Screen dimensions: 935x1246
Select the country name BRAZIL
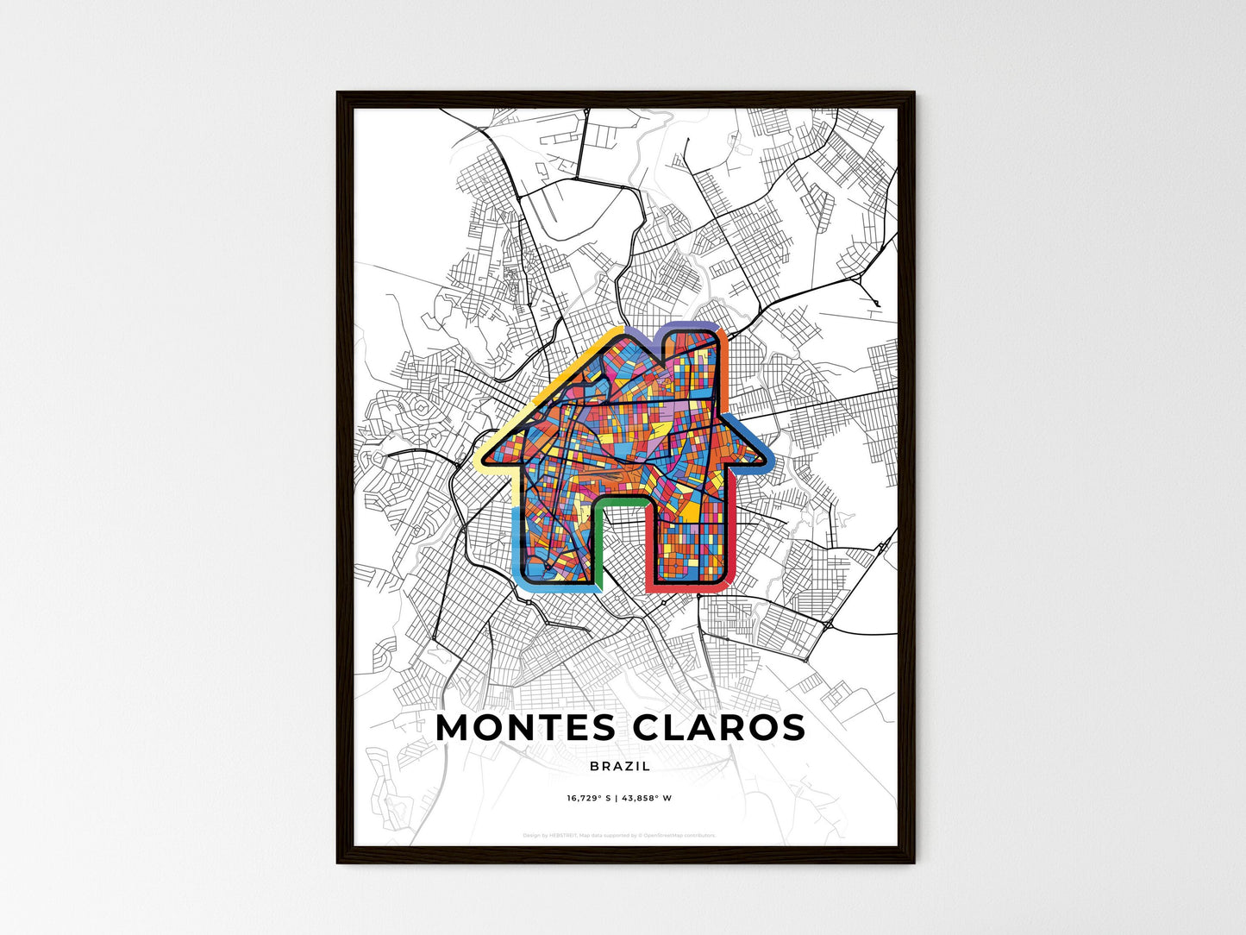click(x=620, y=766)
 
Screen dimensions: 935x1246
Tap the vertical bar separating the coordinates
click(x=617, y=799)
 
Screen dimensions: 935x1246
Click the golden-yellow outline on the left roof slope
click(x=552, y=380)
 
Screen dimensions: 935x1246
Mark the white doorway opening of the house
click(x=621, y=552)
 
